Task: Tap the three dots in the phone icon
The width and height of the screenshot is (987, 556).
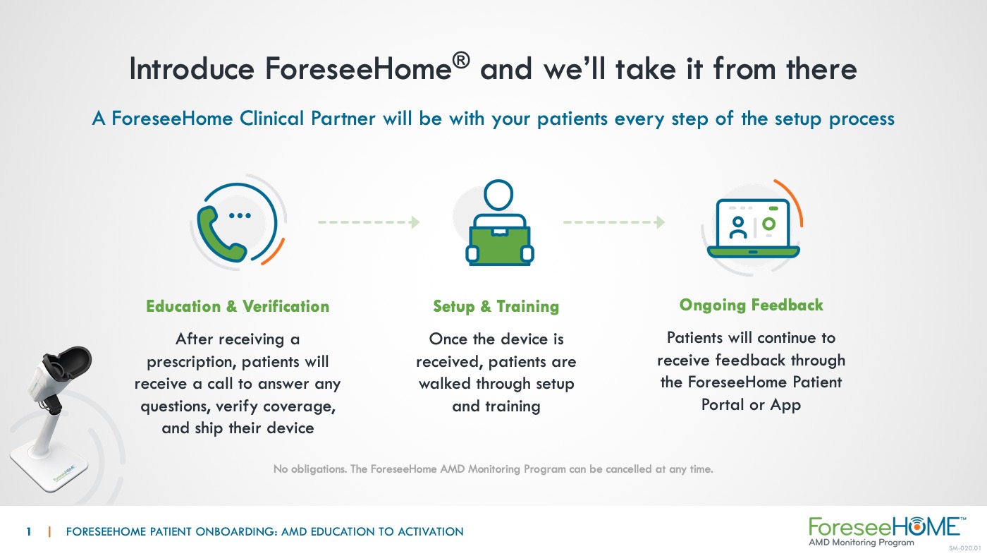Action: coord(240,216)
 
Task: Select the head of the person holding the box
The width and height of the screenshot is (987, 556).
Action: coord(498,195)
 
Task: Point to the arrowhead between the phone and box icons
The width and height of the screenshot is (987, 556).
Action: coord(415,222)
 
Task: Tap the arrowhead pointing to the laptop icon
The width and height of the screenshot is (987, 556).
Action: coord(660,222)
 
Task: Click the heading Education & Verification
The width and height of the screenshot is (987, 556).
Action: coord(238,306)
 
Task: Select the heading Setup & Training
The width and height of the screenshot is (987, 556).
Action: coord(496,306)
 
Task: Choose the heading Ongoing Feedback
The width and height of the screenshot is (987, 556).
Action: coord(752,305)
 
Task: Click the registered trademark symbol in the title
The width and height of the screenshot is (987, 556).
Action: coord(461,61)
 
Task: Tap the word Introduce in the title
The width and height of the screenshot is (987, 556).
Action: coord(192,68)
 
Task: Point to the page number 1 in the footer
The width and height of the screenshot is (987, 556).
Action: coord(29,532)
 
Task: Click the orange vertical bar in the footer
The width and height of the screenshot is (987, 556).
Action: coord(49,532)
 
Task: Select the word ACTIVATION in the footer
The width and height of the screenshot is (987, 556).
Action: coord(431,532)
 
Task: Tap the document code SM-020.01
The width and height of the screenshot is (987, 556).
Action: coord(965,548)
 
